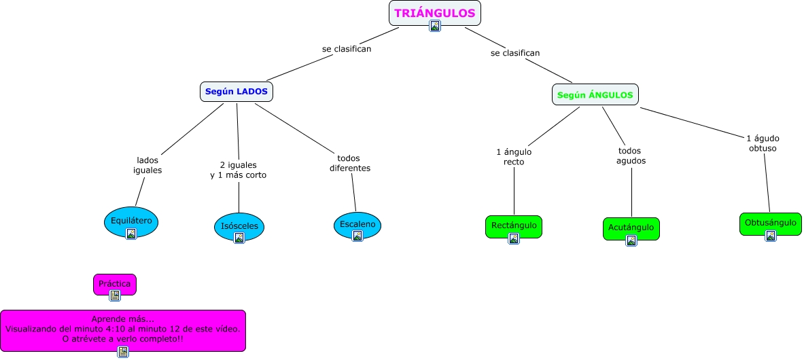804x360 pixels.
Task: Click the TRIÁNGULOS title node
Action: [x=434, y=13]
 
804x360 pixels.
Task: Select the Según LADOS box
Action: [x=237, y=92]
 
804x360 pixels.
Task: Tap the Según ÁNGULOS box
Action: [x=595, y=95]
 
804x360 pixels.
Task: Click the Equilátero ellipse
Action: [x=131, y=220]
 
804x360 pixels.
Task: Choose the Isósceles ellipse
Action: [x=239, y=226]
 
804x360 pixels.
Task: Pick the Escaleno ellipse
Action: [x=357, y=223]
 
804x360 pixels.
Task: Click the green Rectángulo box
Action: [x=514, y=225]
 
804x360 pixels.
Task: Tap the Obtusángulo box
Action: [x=770, y=222]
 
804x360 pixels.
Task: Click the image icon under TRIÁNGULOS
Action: [x=435, y=26]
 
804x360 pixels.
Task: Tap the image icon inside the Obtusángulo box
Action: [x=771, y=236]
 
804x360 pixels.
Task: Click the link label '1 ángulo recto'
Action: [x=514, y=156]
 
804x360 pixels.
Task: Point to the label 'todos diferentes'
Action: [x=350, y=162]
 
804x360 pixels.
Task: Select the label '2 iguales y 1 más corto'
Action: [x=239, y=170]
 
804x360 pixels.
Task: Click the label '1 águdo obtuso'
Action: [x=763, y=143]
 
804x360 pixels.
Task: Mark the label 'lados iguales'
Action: [x=147, y=165]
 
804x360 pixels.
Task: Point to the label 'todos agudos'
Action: [x=631, y=156]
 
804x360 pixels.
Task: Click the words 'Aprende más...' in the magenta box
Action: [x=123, y=319]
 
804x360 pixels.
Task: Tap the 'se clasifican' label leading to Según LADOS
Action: [x=347, y=49]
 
